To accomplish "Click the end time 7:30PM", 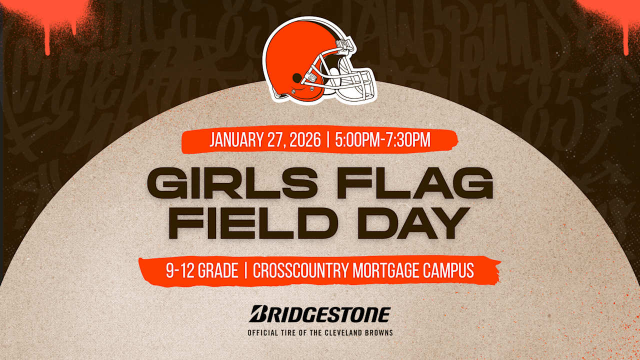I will pyautogui.click(x=408, y=140).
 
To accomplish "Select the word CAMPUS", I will pyautogui.click(x=449, y=271).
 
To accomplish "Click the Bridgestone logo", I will pyautogui.click(x=320, y=314).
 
